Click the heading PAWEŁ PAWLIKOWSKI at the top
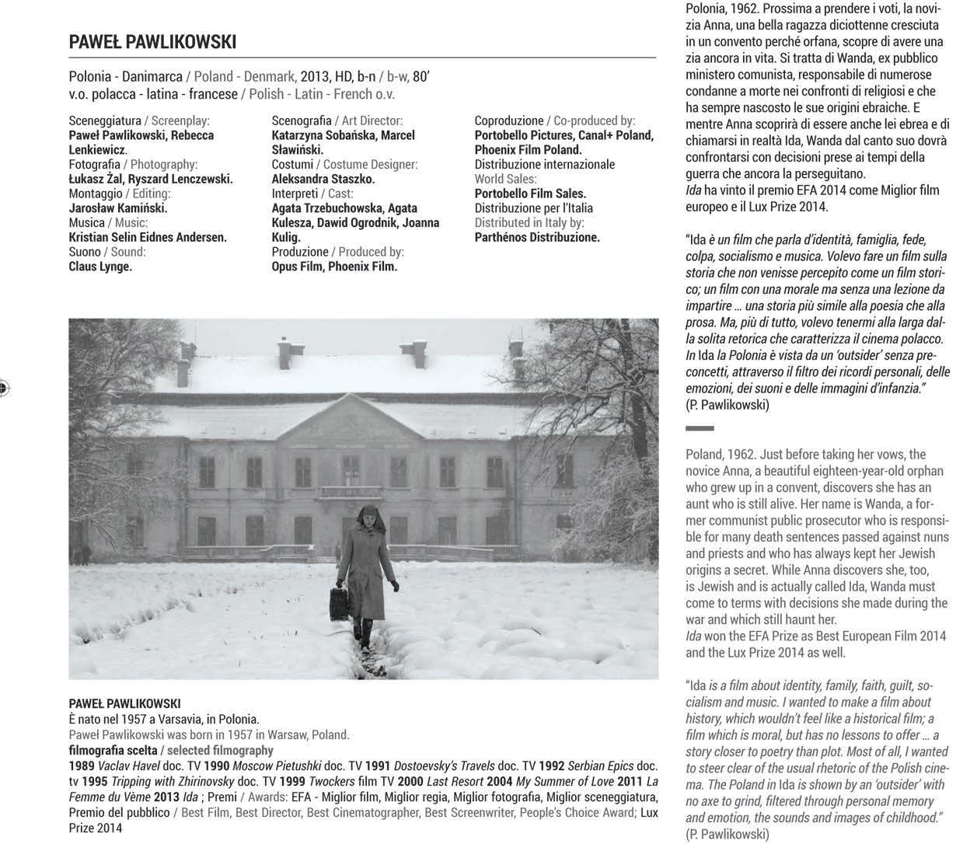click(x=152, y=41)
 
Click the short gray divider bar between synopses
click(x=700, y=428)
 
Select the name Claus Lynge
click(x=100, y=267)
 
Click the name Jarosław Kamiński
click(x=118, y=208)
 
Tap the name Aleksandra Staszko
click(x=323, y=179)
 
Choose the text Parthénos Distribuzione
click(x=537, y=238)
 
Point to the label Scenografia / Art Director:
click(x=337, y=120)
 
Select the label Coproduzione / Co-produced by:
click(x=555, y=120)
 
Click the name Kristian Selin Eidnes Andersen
click(x=148, y=238)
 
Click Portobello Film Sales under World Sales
click(x=530, y=194)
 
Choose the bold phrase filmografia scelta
click(x=113, y=750)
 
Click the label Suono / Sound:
click(x=107, y=252)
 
